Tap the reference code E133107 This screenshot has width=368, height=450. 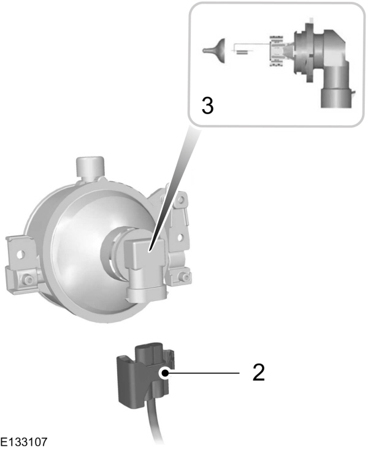[24, 441]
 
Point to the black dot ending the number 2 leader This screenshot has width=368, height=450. [165, 372]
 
